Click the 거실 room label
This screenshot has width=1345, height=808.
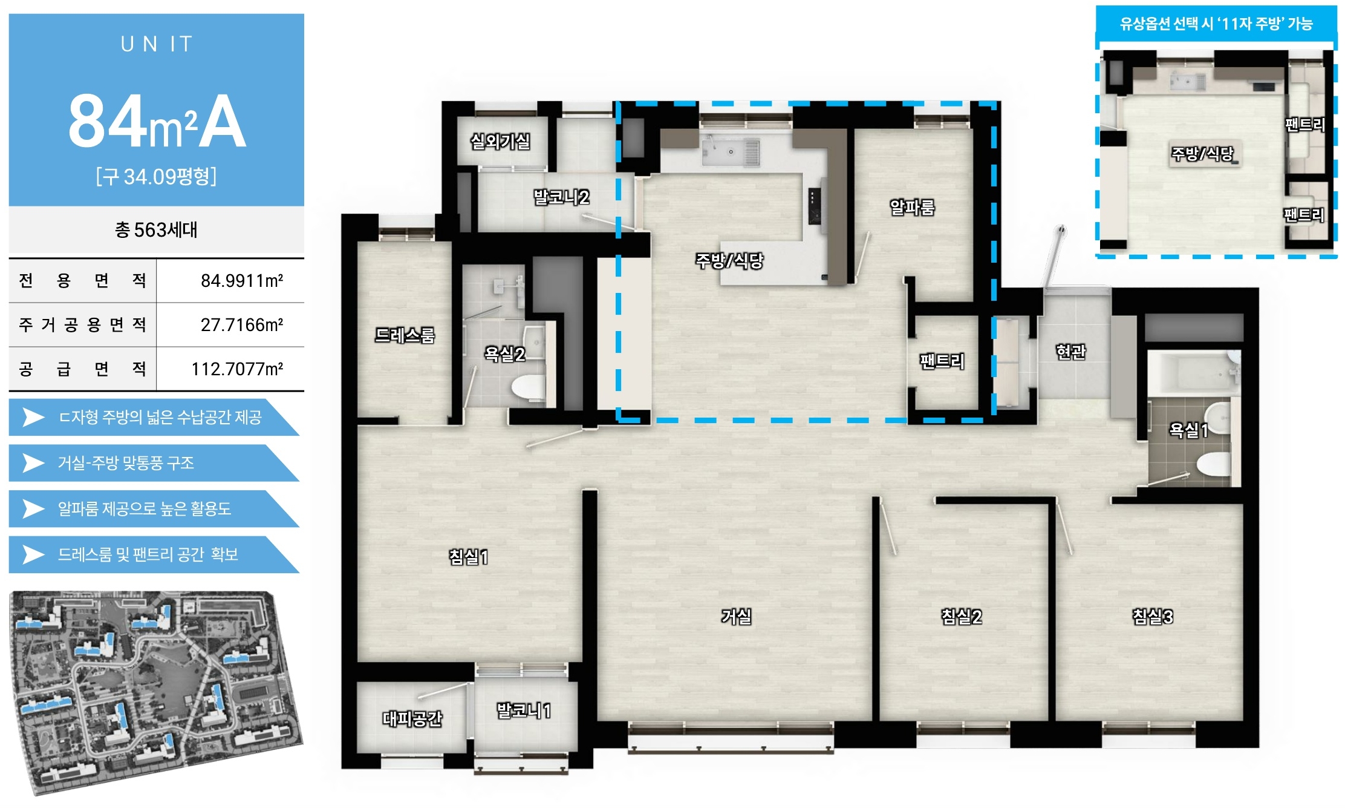pos(736,616)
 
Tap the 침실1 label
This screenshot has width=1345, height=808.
pos(468,556)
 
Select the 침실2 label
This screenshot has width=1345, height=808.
pos(961,616)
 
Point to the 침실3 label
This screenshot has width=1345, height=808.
pos(1152,616)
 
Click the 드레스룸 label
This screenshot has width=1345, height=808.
pos(405,335)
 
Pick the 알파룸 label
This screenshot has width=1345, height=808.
pos(912,207)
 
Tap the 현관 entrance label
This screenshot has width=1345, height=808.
pos(1070,352)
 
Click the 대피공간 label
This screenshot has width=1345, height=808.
pos(412,718)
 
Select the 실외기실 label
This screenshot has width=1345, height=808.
pos(500,141)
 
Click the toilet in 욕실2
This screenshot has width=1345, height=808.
pos(528,387)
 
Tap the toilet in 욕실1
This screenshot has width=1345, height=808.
pos(1213,465)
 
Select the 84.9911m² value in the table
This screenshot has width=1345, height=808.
pos(242,280)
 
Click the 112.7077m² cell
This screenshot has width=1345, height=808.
pos(237,369)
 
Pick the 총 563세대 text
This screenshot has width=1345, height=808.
pos(156,229)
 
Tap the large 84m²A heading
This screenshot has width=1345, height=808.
pos(157,121)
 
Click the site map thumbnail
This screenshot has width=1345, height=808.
pos(156,692)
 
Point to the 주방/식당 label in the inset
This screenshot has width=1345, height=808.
pos(1202,153)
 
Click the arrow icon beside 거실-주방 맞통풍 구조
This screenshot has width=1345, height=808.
pos(33,463)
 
